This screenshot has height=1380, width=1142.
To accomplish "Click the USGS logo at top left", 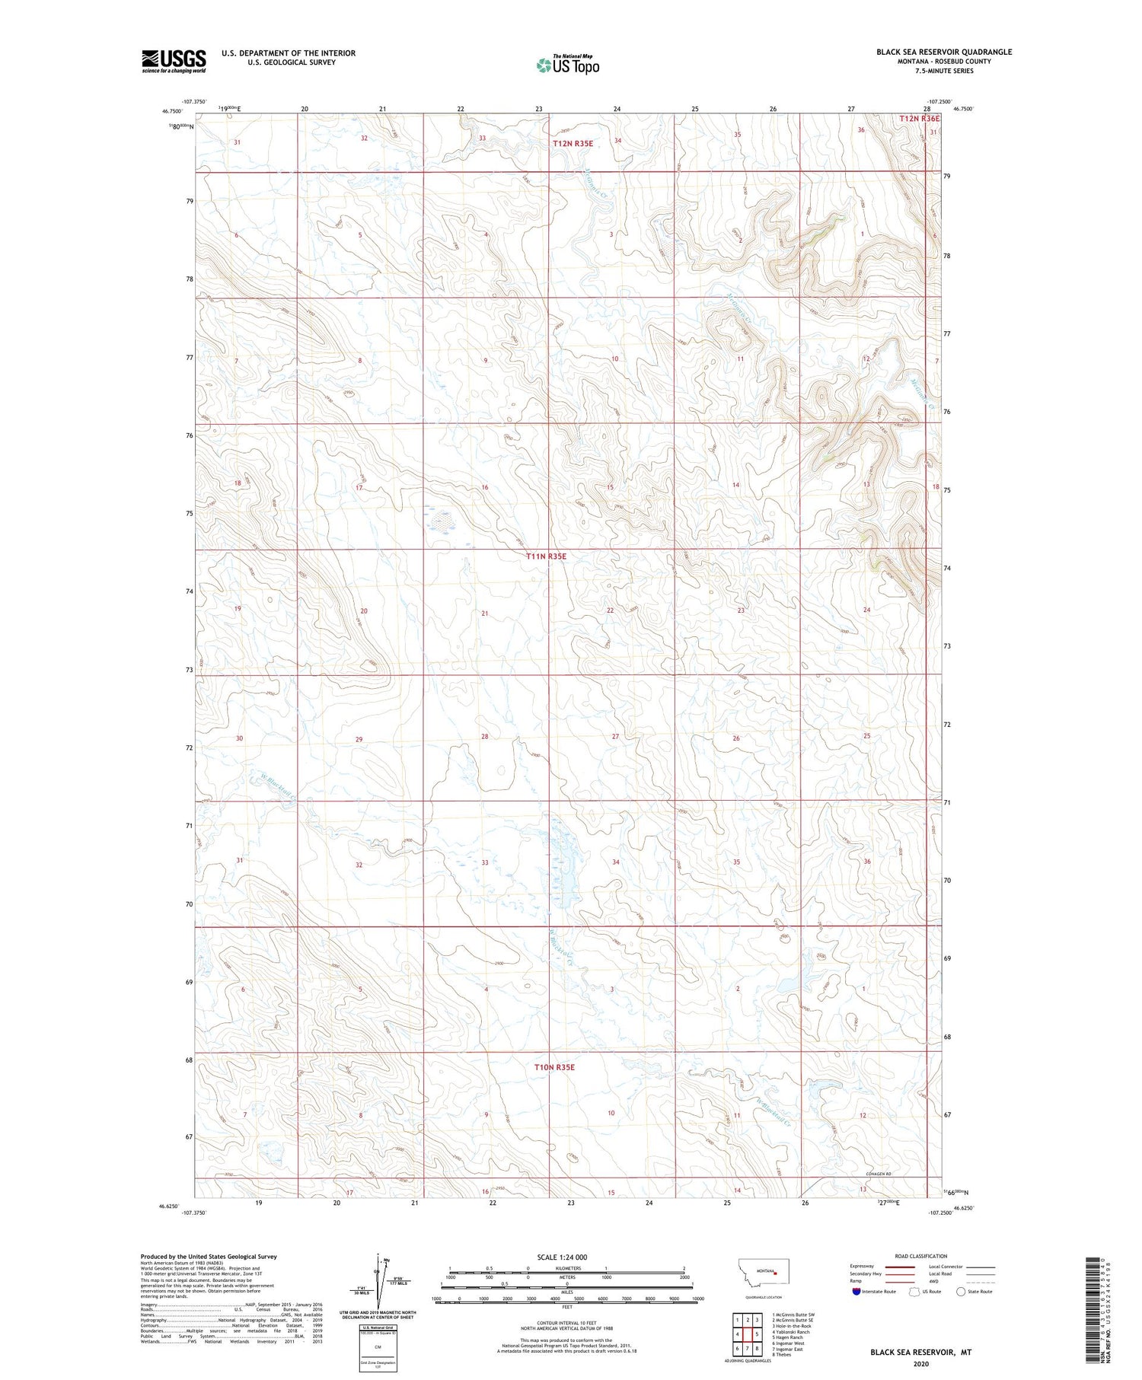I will [x=174, y=61].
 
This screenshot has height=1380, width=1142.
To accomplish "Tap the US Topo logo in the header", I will [x=568, y=65].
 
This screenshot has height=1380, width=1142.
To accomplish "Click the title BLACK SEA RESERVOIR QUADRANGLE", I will [x=943, y=52].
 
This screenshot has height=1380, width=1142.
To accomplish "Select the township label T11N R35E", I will [x=546, y=556].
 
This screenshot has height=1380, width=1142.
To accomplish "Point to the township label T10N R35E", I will [x=554, y=1067].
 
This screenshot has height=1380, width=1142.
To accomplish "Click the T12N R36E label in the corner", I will [x=919, y=119].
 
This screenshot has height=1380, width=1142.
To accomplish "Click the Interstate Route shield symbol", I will [x=856, y=1292].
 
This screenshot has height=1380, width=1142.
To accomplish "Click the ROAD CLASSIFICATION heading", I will [x=920, y=1257].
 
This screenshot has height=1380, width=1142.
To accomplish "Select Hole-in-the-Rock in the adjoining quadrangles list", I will [x=792, y=1327].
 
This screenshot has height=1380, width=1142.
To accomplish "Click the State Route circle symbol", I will [x=960, y=1292].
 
